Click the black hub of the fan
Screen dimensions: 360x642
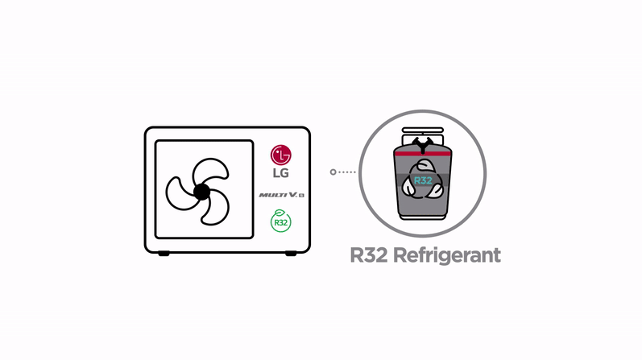coord(200,191)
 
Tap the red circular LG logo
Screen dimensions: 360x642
coord(280,153)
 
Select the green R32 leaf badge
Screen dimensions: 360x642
coord(280,220)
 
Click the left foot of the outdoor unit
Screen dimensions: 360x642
coord(164,254)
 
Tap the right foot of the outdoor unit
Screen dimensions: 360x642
coord(292,254)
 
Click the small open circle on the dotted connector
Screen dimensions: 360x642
coord(333,172)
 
